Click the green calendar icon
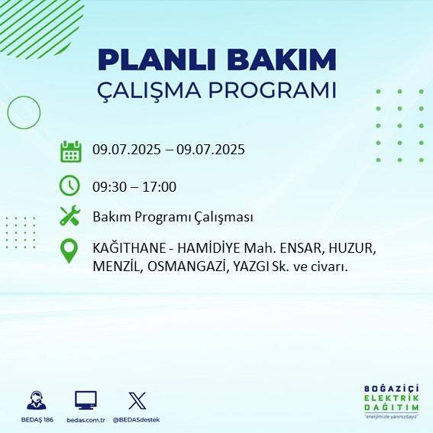70,150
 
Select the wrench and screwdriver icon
70,217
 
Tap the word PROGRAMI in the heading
271,90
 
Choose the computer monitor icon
86,400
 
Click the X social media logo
137,400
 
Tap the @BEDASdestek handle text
137,420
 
